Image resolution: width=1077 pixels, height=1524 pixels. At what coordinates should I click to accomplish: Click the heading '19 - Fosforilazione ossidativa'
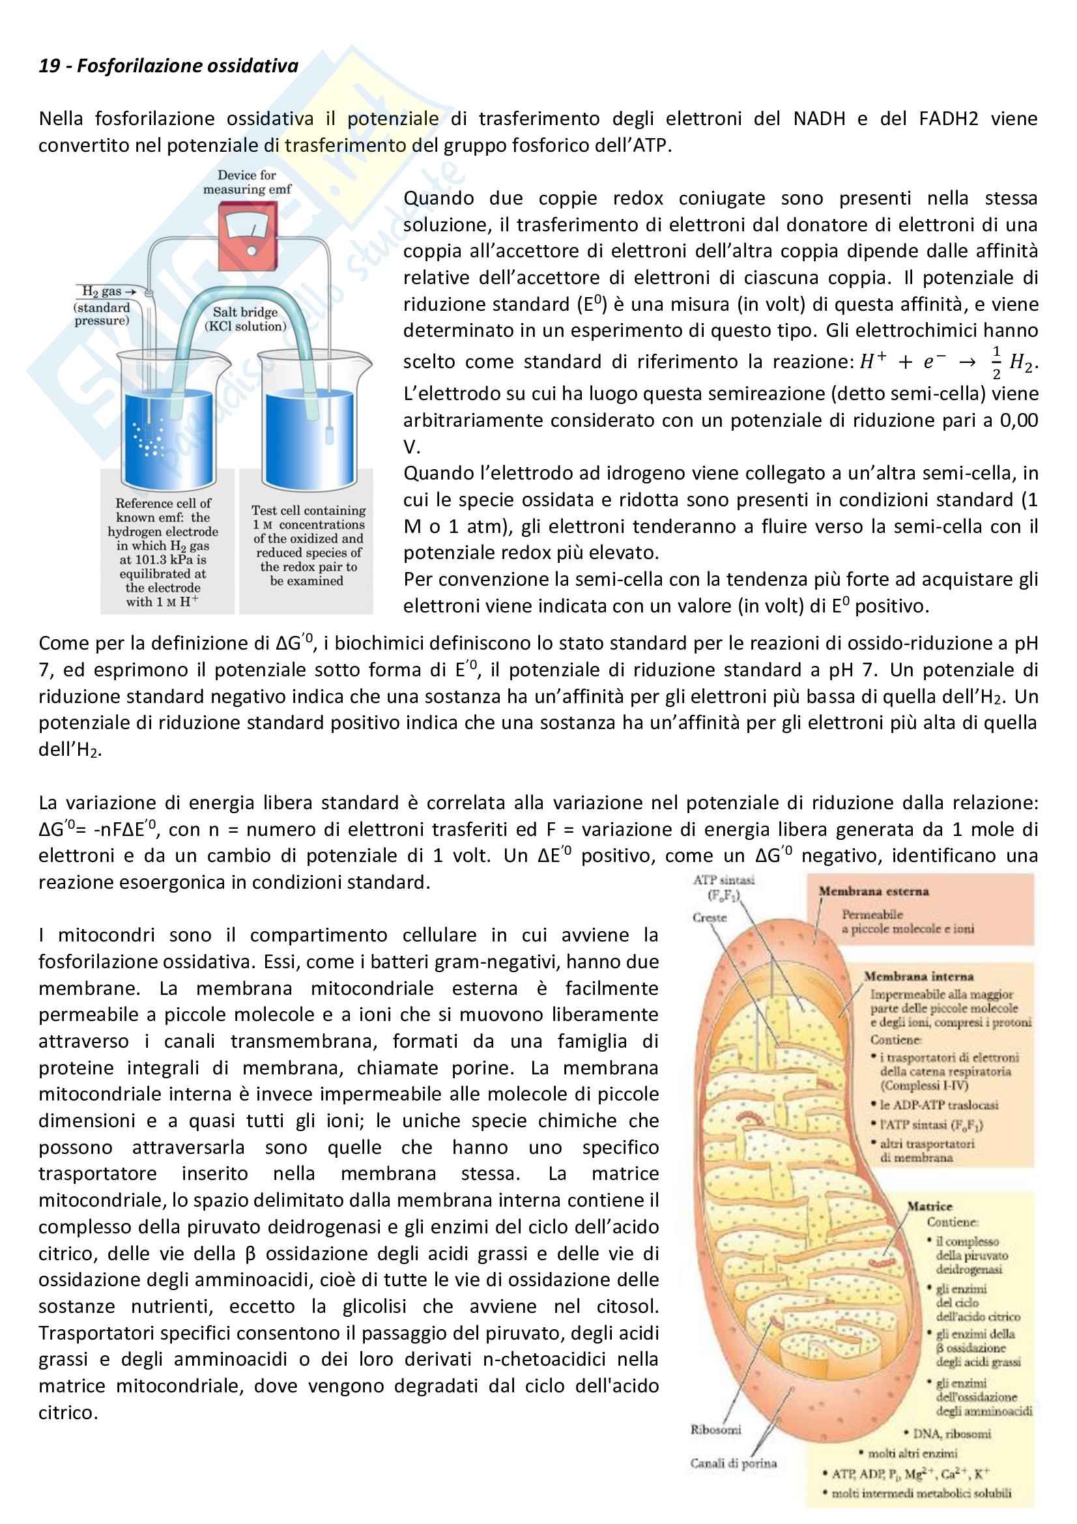point(169,66)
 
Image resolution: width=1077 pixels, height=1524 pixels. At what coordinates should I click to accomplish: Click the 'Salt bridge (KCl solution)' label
point(246,319)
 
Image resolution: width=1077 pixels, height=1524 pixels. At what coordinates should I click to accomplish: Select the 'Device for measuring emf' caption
point(247,182)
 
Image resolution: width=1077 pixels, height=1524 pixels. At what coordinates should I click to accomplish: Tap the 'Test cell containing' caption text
point(308,510)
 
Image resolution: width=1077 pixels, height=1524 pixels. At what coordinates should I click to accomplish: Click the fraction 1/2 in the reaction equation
point(996,362)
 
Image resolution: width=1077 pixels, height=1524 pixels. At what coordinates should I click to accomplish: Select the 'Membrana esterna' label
point(873,891)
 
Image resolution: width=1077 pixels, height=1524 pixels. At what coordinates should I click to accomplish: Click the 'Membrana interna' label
point(919,977)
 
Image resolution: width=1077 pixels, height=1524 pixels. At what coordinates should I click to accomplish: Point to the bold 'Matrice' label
point(930,1206)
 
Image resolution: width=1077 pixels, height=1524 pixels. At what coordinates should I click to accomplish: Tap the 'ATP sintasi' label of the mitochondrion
point(723,880)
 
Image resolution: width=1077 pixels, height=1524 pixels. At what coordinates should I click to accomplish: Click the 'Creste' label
point(710,917)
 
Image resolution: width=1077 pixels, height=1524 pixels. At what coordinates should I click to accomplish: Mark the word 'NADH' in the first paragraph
point(819,119)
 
